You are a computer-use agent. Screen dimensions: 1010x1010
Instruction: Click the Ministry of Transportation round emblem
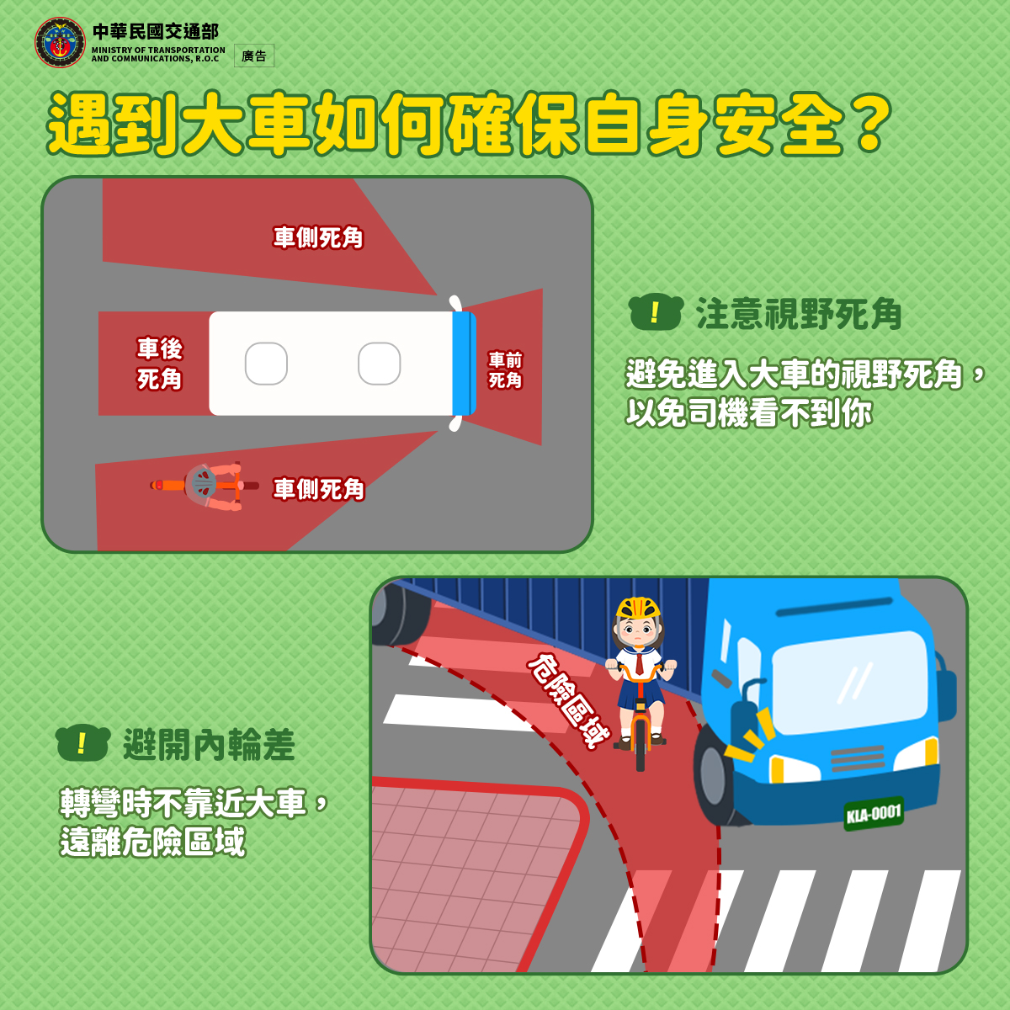pyautogui.click(x=60, y=42)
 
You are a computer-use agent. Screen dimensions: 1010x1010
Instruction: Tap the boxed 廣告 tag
pyautogui.click(x=254, y=56)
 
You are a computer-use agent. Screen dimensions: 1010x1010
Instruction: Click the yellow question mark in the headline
pyautogui.click(x=870, y=124)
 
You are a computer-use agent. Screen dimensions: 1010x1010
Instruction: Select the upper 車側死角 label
pyautogui.click(x=318, y=237)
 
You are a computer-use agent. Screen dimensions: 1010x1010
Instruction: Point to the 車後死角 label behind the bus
pyautogui.click(x=159, y=364)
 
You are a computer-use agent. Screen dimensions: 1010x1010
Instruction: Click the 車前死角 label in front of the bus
pyautogui.click(x=505, y=370)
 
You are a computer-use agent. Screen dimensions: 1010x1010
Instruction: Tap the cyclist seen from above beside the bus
pyautogui.click(x=205, y=486)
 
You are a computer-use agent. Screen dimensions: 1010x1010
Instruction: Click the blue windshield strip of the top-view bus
pyautogui.click(x=463, y=364)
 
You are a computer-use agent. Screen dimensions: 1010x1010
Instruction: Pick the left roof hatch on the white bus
pyautogui.click(x=266, y=364)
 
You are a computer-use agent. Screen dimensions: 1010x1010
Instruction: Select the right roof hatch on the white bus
pyautogui.click(x=380, y=364)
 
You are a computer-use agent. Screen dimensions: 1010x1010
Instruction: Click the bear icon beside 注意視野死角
pyautogui.click(x=656, y=312)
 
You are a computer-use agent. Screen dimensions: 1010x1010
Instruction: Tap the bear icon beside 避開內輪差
pyautogui.click(x=82, y=742)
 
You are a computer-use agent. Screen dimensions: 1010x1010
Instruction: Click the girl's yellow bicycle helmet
pyautogui.click(x=638, y=608)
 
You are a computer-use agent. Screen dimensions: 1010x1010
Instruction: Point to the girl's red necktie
pyautogui.click(x=640, y=664)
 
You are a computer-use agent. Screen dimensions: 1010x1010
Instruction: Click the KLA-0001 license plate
pyautogui.click(x=874, y=814)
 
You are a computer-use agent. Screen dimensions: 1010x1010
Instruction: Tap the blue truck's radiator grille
pyautogui.click(x=858, y=758)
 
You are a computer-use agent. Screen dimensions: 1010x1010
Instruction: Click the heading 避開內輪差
pyautogui.click(x=209, y=744)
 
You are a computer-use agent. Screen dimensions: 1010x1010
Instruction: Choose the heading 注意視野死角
pyautogui.click(x=799, y=314)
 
